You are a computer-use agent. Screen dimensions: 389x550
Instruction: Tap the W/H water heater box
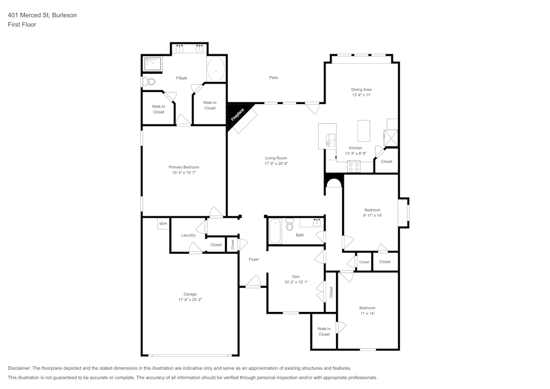coord(163,224)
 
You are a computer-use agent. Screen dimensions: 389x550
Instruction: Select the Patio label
coord(273,78)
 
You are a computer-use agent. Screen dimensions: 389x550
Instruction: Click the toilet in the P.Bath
coord(148,81)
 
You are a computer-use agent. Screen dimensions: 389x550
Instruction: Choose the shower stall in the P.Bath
coord(153,64)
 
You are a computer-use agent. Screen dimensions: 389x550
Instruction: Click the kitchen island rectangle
coord(364,130)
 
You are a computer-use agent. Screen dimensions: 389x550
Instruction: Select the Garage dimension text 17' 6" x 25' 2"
coord(190,300)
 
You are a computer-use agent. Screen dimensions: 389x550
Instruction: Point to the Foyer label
coord(254,259)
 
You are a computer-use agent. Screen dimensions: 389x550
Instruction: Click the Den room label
coord(296,277)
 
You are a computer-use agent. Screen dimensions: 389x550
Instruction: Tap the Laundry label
coord(189,235)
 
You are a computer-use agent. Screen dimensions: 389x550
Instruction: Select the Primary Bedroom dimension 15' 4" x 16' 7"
coord(184,173)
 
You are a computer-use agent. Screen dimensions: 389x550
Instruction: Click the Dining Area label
coord(361,89)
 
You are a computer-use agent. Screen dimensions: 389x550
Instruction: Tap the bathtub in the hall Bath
coord(275,231)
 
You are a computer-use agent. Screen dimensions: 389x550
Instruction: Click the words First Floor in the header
coord(22,25)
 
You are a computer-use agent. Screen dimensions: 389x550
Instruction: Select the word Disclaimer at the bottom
coord(19,368)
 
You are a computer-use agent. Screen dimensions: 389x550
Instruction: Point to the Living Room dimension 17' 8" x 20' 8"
coord(276,163)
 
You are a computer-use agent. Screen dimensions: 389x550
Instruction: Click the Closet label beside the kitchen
coord(387,162)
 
